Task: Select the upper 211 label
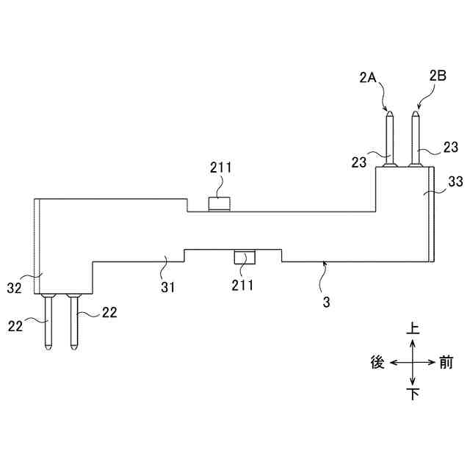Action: [x=220, y=167]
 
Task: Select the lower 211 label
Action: [x=242, y=285]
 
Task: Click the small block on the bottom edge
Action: [x=245, y=257]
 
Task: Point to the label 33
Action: [x=455, y=180]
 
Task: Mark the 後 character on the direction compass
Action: [x=378, y=362]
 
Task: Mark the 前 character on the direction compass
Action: [x=447, y=362]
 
